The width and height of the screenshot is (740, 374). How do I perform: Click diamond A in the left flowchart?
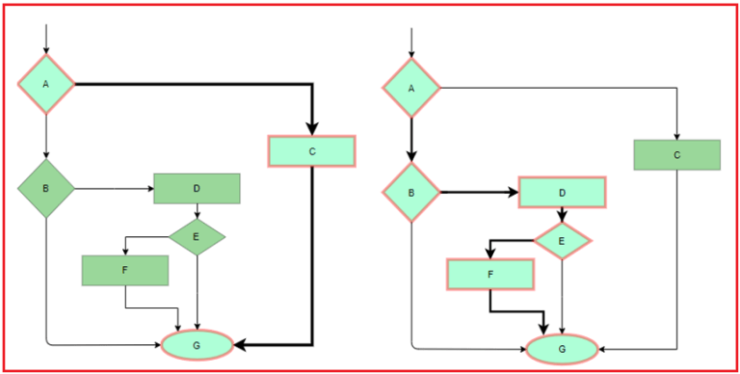pos(46,85)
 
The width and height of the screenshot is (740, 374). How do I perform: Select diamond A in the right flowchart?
pos(411,88)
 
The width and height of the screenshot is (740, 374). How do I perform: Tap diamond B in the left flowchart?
pos(46,187)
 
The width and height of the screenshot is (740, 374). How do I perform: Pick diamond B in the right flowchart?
pos(411,192)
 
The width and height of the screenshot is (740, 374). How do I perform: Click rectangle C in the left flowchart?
pos(311,151)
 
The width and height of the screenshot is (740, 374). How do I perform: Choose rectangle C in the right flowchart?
pos(676,155)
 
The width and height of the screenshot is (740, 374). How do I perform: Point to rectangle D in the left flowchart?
pos(197,189)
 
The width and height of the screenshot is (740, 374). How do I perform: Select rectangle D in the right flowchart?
pos(562,193)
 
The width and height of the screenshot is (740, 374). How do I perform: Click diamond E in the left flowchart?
pos(197,234)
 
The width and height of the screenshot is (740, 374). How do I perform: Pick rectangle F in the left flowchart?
pos(125,271)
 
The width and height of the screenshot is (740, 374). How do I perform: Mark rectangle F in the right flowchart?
pos(489,275)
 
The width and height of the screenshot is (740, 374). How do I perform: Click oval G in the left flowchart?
pos(197,344)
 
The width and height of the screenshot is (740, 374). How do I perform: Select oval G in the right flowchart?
pos(562,348)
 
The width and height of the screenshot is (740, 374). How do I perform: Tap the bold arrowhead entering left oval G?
pos(240,344)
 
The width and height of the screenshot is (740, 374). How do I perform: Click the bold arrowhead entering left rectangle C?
pos(311,129)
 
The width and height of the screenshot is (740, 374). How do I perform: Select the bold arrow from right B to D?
pos(479,192)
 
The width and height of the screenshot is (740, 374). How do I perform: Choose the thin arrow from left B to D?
pos(114,188)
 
